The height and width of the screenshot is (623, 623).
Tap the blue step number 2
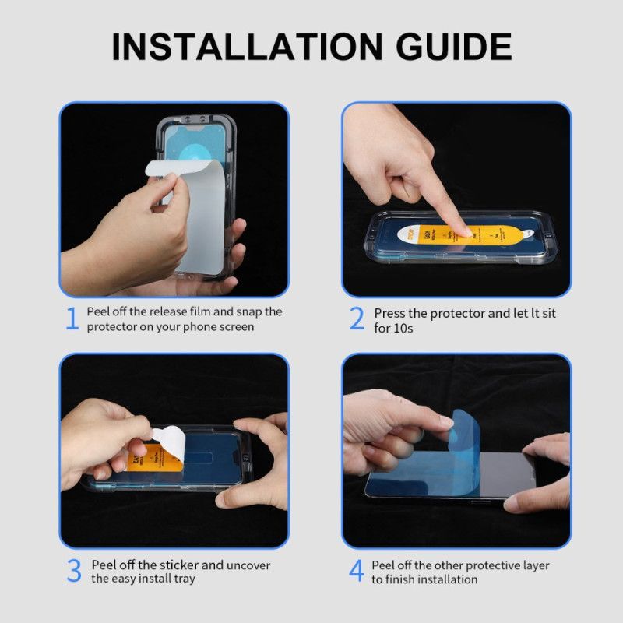357,319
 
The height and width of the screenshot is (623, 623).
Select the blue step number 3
73,571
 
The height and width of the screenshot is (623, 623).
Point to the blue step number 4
356,571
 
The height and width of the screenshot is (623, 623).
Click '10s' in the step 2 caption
403,328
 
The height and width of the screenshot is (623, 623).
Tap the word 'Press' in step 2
390,313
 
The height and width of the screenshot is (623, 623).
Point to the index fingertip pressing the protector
459,231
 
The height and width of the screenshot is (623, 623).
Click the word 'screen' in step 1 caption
233,326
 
